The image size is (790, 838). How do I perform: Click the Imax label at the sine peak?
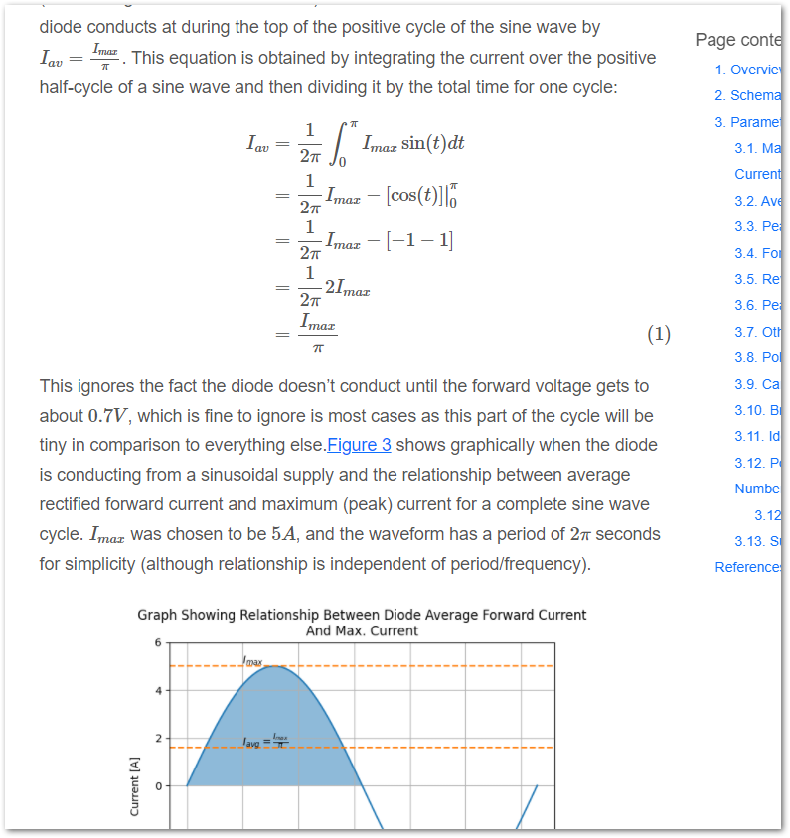pyautogui.click(x=252, y=660)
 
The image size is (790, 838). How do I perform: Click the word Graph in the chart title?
pyautogui.click(x=158, y=615)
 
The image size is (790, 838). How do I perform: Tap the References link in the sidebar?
pyautogui.click(x=751, y=567)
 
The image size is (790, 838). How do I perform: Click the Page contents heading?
pyautogui.click(x=739, y=40)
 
